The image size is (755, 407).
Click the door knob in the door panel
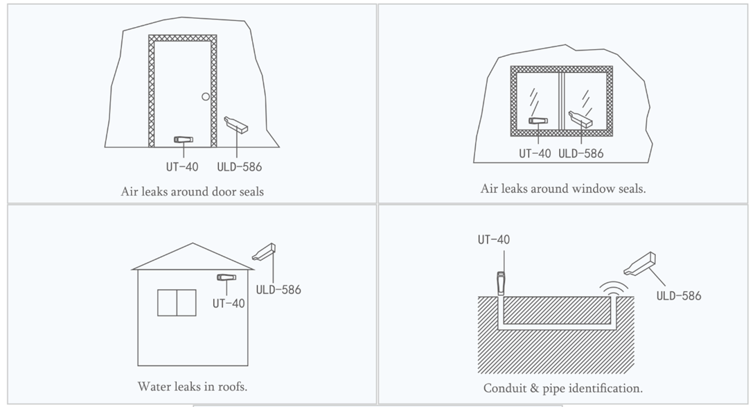click(x=206, y=96)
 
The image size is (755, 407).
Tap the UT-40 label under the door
click(x=182, y=167)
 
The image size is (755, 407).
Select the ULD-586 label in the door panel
click(x=239, y=167)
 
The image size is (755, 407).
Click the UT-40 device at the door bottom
click(x=184, y=140)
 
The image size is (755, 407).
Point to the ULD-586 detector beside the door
click(x=236, y=124)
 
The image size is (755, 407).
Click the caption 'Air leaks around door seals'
click(x=192, y=191)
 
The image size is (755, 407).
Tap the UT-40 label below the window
click(x=535, y=154)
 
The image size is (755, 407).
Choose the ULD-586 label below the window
click(x=580, y=154)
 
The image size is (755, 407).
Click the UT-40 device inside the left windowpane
click(x=538, y=121)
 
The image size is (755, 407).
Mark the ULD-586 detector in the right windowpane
click(x=580, y=119)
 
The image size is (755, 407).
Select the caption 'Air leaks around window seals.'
click(x=563, y=189)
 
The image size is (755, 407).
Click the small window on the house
click(x=177, y=303)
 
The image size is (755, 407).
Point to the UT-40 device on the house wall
click(x=226, y=277)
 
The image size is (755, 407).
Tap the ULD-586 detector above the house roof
click(x=264, y=251)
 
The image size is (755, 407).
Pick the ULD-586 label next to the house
click(x=278, y=290)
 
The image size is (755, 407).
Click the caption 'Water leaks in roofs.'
click(x=192, y=387)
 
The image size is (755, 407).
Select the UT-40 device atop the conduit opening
click(x=501, y=283)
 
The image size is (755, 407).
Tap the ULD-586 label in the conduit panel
click(x=679, y=295)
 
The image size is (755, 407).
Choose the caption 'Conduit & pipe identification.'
click(x=563, y=388)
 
